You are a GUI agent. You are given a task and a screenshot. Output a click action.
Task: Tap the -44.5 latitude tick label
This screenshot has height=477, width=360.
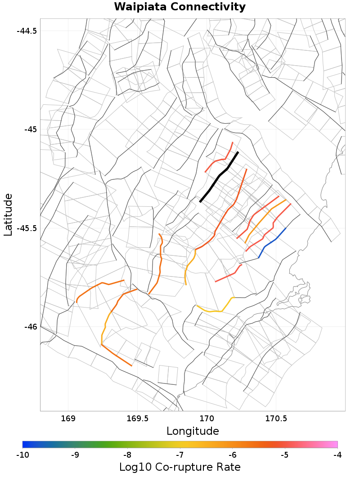(x=27, y=31)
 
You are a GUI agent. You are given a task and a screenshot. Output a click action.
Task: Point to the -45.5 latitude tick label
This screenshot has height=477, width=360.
(x=27, y=228)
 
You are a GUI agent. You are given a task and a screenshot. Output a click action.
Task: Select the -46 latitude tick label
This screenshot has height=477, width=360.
(x=30, y=326)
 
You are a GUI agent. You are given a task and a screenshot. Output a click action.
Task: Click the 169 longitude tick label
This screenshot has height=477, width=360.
(x=68, y=419)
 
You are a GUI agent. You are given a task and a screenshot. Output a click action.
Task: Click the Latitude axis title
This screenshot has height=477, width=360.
(x=8, y=214)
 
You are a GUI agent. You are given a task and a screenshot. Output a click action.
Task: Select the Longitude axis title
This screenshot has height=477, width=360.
(x=193, y=431)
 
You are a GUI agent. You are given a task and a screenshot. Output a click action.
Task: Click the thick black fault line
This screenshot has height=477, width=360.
(x=219, y=177)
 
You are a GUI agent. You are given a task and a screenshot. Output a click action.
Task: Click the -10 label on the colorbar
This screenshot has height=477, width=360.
(x=22, y=455)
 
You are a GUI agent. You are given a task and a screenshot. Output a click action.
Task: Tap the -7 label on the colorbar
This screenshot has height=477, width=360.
(x=180, y=455)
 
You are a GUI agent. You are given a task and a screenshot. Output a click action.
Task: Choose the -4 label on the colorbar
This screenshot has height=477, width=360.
(x=337, y=455)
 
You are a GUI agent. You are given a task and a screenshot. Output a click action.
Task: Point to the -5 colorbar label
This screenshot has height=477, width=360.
(x=285, y=455)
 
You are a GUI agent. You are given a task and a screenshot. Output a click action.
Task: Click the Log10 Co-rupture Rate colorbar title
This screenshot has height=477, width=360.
(x=180, y=467)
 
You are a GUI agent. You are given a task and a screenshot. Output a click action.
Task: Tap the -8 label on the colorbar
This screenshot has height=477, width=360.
(x=127, y=455)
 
